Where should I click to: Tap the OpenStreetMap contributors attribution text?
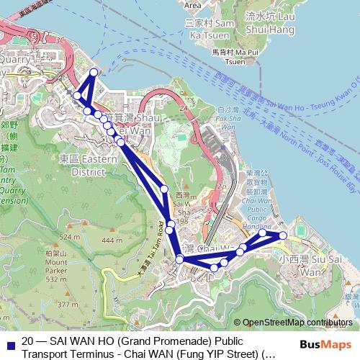coord(297,323)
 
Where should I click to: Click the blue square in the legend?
coord(9,346)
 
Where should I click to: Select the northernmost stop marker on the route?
coord(94,72)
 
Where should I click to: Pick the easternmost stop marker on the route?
coord(283,235)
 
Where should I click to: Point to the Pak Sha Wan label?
coord(226,121)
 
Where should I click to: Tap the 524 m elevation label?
coord(70,236)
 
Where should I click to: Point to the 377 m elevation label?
coord(68,305)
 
